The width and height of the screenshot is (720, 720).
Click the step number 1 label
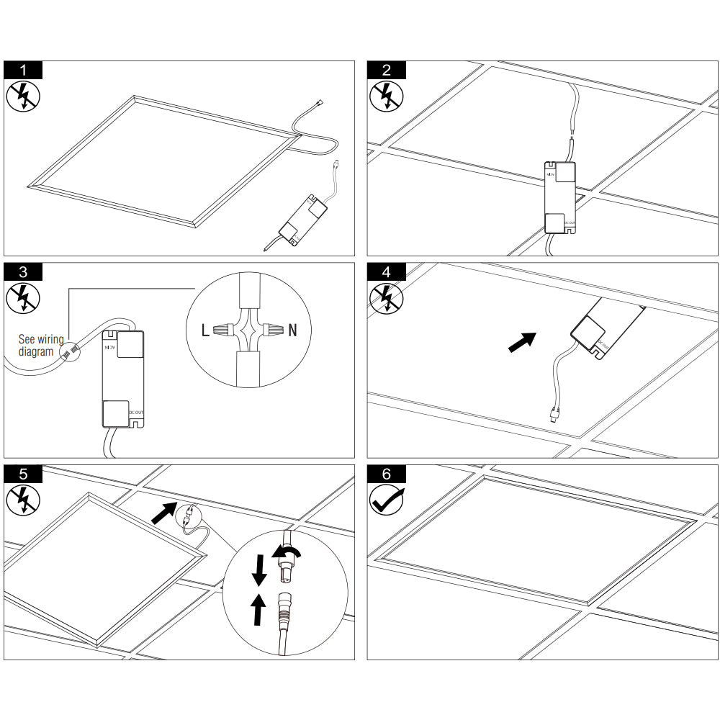pyautogui.click(x=23, y=70)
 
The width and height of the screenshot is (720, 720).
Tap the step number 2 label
pyautogui.click(x=387, y=70)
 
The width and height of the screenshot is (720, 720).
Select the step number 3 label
pyautogui.click(x=23, y=271)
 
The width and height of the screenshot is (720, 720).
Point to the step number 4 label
pyautogui.click(x=387, y=271)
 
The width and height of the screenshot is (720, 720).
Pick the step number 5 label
pyautogui.click(x=23, y=474)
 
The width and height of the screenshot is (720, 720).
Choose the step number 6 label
pyautogui.click(x=387, y=474)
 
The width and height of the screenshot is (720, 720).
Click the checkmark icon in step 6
pyautogui.click(x=387, y=498)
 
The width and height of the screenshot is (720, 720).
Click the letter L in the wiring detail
pyautogui.click(x=206, y=331)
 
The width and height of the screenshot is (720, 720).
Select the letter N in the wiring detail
pyautogui.click(x=292, y=331)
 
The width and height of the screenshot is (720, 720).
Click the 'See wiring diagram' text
pyautogui.click(x=41, y=345)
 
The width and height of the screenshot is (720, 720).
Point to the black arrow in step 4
pyautogui.click(x=522, y=342)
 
